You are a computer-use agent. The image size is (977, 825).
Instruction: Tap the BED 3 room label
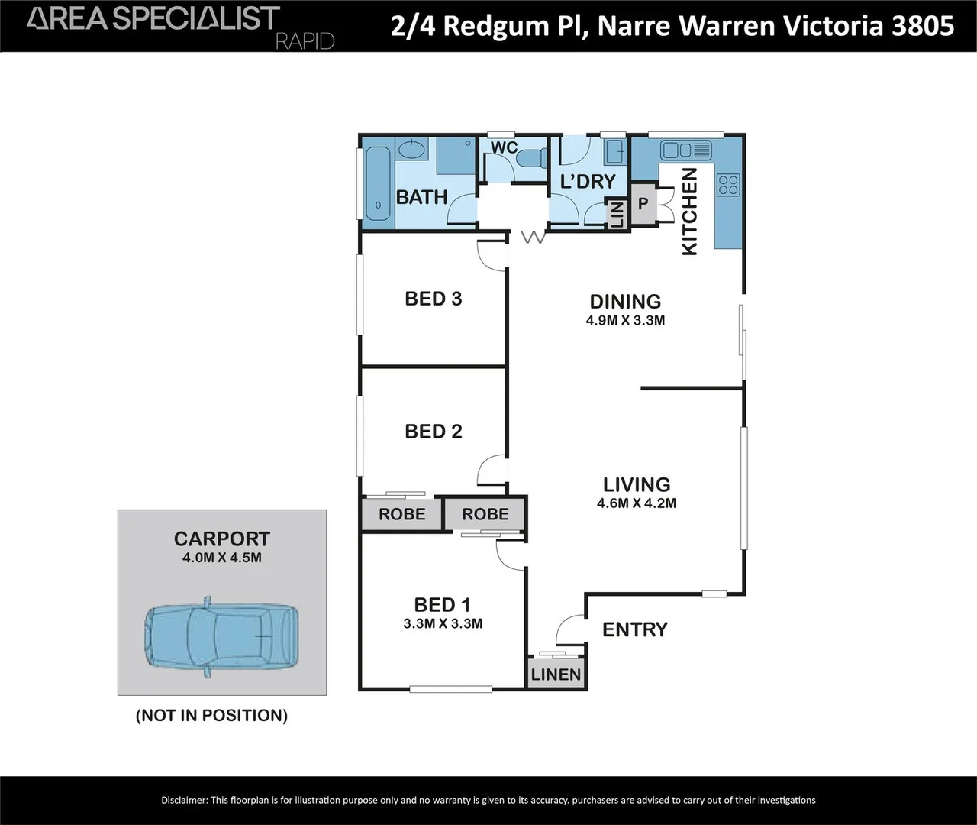[433, 299]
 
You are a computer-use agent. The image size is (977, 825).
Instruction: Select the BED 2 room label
[433, 432]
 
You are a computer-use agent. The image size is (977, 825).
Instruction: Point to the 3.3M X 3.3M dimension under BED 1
[443, 623]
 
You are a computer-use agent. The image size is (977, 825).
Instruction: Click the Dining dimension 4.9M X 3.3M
[625, 321]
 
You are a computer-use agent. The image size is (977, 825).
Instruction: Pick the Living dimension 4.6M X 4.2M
[636, 503]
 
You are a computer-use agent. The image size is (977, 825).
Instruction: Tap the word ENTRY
[634, 629]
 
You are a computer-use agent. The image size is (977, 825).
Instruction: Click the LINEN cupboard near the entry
[556, 675]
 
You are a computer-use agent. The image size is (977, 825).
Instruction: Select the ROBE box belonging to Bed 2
[401, 514]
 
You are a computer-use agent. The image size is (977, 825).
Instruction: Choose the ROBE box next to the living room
[485, 514]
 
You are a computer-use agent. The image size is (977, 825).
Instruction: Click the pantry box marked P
[643, 204]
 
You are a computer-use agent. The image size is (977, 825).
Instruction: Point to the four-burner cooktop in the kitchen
[727, 185]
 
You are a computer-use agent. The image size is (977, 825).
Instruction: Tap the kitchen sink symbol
[685, 150]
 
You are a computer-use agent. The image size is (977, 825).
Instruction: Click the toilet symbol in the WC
[530, 157]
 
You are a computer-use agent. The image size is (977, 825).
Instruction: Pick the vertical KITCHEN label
[688, 212]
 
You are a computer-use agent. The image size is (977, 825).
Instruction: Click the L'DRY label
[587, 182]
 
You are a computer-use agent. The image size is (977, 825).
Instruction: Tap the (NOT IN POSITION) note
[211, 716]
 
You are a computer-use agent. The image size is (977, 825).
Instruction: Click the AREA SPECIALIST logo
[153, 19]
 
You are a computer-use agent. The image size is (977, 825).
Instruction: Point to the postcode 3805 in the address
[923, 26]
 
